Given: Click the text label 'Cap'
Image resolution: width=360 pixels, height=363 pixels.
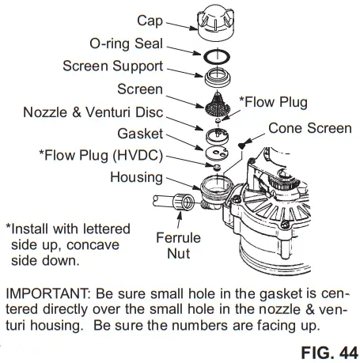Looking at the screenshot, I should point(150,19).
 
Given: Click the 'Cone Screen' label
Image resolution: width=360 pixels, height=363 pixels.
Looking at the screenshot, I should point(303,127).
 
